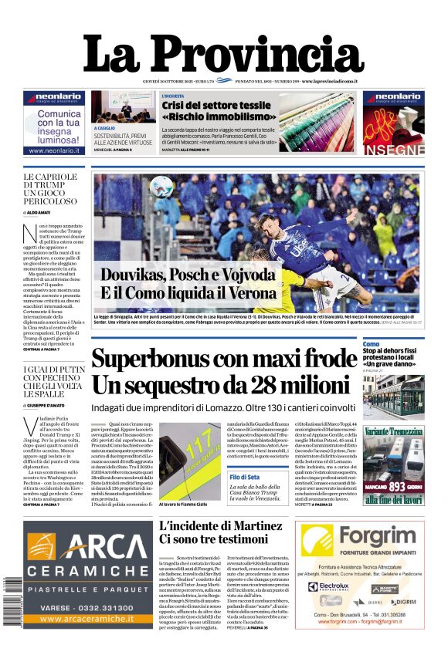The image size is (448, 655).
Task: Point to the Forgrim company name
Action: coord(363,535)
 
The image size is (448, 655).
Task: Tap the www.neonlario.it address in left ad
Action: coord(54,150)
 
